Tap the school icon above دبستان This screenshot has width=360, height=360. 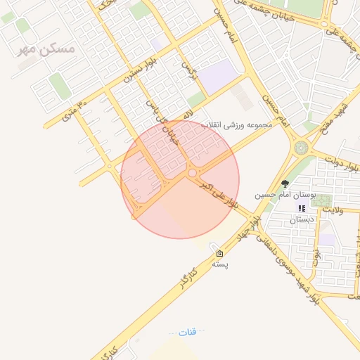302,208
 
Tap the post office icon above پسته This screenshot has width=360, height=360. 220,254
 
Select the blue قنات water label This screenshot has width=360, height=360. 188,331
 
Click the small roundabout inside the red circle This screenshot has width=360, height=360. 191,172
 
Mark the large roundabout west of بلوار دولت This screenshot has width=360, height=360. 302,148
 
